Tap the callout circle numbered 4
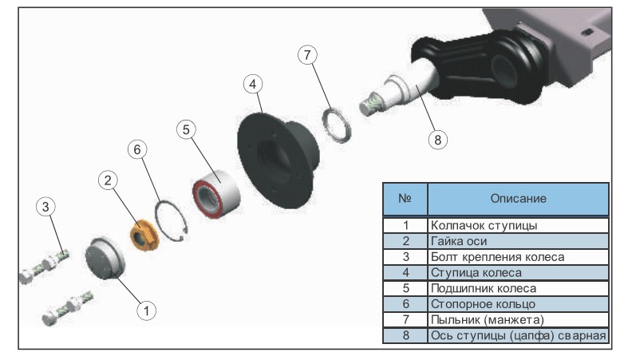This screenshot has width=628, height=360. pos(252,83)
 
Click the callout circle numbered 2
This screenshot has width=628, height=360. pos(109,181)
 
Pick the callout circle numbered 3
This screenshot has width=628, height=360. pos(46,207)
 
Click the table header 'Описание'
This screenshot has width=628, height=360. pos(517,198)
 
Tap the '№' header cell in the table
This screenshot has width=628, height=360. pos(405,198)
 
